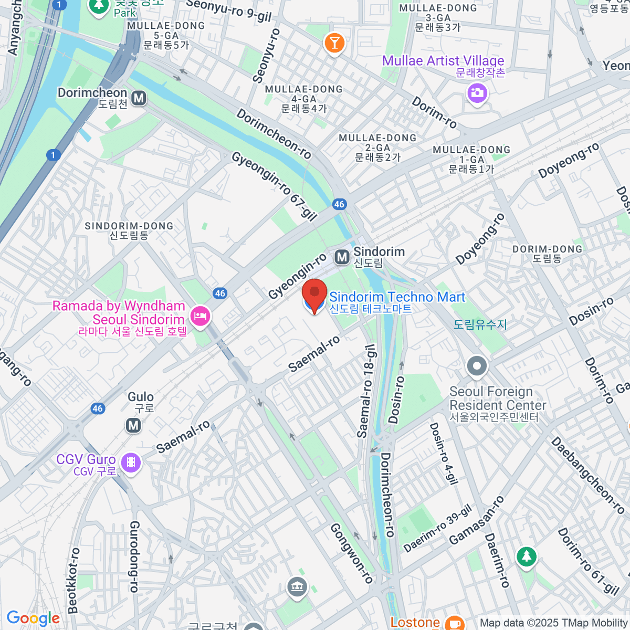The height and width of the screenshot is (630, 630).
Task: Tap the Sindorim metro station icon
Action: coord(342,257)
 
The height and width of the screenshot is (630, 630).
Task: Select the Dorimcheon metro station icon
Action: coord(139,98)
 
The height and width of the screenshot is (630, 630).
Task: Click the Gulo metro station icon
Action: coord(133,425)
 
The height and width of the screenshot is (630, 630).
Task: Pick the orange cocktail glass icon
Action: coord(334,42)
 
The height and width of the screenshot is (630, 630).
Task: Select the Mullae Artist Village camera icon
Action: coord(477,94)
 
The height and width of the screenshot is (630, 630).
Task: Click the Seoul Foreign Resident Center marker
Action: coord(477,366)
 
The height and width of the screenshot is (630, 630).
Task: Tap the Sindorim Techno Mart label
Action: coord(397,298)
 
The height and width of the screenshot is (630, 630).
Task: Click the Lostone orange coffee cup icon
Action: coord(454,623)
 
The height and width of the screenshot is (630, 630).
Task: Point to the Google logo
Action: coord(33,618)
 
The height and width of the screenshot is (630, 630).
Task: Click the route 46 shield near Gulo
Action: coord(98,408)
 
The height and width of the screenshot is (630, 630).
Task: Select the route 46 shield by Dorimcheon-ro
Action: coord(339,204)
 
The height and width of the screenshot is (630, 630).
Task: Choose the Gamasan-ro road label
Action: coord(476,520)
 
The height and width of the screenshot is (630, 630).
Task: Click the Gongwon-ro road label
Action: coord(351,553)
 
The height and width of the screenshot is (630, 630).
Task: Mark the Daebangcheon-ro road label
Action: coord(587,475)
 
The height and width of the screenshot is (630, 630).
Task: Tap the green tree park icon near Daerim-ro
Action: coord(526,556)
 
